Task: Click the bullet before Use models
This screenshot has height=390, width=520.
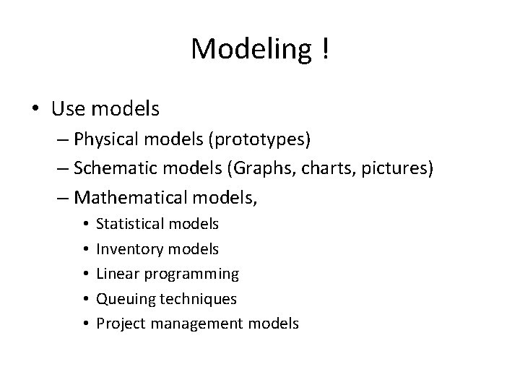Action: (x=35, y=109)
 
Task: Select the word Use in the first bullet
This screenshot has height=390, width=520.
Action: (x=69, y=109)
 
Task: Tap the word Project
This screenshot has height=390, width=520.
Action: (x=118, y=324)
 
